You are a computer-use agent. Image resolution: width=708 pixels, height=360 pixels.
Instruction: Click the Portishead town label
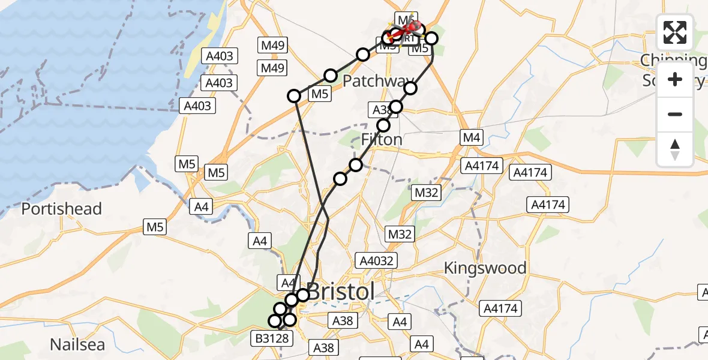[62, 209]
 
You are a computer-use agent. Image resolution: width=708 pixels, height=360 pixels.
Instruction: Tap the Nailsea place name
[77, 345]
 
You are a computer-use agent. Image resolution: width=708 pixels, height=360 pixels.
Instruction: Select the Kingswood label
[485, 268]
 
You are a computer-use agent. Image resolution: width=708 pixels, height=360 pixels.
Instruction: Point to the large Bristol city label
[341, 292]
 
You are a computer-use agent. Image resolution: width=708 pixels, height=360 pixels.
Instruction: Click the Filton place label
[382, 140]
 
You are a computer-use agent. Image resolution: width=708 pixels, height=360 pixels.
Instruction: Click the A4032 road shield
[376, 260]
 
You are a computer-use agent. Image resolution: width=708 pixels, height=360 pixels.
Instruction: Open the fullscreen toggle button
[675, 32]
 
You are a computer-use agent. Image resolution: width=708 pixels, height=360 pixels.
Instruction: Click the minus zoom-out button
[675, 114]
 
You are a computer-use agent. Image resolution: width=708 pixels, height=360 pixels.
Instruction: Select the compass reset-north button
[675, 149]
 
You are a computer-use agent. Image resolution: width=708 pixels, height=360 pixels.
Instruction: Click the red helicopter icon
[410, 28]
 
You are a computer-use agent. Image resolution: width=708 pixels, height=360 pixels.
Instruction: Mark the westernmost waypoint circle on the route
[275, 321]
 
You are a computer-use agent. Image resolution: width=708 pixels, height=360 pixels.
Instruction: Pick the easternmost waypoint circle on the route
[431, 39]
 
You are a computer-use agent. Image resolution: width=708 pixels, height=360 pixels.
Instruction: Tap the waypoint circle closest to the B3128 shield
[275, 321]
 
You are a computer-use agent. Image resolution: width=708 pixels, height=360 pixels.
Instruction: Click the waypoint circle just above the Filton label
[383, 125]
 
